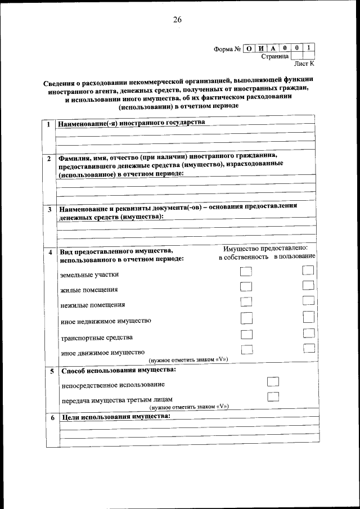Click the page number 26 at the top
pos(177,20)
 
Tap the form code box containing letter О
pos(249,48)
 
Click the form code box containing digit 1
pos(309,48)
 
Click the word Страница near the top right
pos(275,57)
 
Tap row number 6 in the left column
pos(52,418)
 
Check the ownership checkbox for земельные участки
pos(246,272)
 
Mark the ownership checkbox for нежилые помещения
pos(246,303)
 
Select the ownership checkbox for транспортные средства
pos(246,335)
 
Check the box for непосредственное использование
pos(273,381)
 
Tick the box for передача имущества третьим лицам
pos(273,396)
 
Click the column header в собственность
pos(244,256)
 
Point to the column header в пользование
pos(294,256)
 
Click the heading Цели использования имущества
pos(115,417)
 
